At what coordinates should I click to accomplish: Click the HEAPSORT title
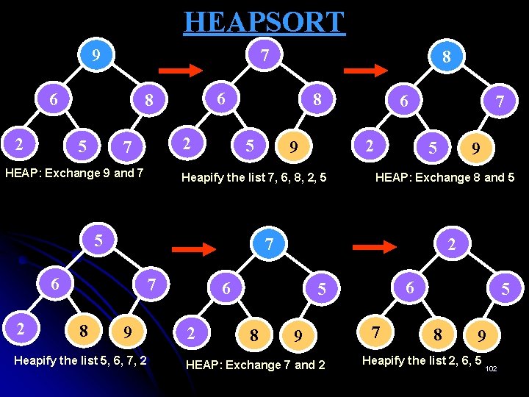pyautogui.click(x=264, y=21)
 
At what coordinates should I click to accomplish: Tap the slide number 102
pyautogui.click(x=492, y=368)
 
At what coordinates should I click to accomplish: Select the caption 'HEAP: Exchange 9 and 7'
pyautogui.click(x=74, y=174)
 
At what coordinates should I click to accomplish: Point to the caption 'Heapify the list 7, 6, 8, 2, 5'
pyautogui.click(x=253, y=177)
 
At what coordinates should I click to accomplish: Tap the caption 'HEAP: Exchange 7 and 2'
pyautogui.click(x=255, y=365)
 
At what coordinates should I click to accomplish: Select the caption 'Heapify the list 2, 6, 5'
pyautogui.click(x=422, y=360)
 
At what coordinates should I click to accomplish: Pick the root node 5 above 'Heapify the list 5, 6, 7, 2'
pyautogui.click(x=98, y=240)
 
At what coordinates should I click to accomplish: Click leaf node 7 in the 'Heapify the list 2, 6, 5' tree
pyautogui.click(x=376, y=332)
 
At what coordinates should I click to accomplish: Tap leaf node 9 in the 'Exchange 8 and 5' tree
pyautogui.click(x=476, y=149)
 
